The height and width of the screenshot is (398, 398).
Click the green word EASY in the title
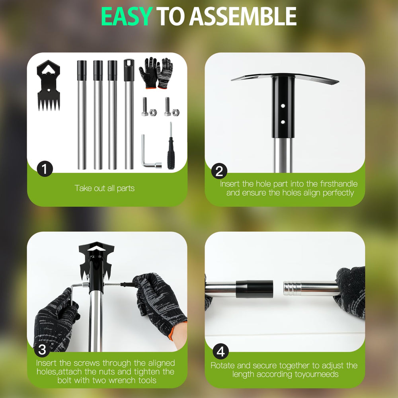127,16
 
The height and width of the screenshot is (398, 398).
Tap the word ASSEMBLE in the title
243,16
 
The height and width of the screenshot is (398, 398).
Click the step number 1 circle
45,169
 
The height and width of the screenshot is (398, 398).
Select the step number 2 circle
219,171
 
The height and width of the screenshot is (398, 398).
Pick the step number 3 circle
42,349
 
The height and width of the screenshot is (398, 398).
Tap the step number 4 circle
220,352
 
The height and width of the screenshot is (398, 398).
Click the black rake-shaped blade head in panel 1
49,86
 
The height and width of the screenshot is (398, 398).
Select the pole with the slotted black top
129,114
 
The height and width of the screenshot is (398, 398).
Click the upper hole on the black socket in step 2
283,106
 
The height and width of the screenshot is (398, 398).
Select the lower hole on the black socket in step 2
283,122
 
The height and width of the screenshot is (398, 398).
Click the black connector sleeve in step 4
254,289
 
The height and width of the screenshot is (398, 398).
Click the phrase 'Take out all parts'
105,188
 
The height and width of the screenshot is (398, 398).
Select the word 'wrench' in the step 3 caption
119,380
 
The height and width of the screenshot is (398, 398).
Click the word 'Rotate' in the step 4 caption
222,365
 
